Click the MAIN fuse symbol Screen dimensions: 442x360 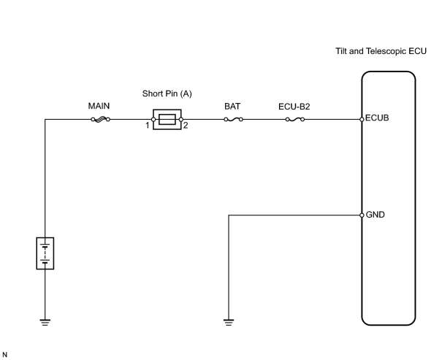pos(101,120)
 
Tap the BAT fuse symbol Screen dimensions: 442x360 pos(233,120)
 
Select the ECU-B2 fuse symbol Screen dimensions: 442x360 pos(295,120)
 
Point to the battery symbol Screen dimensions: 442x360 pos(45,253)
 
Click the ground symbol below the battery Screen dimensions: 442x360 pos(45,323)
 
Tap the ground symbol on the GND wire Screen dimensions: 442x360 pos(229,323)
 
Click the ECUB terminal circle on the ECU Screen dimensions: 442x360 pos(362,120)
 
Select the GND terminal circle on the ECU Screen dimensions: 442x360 pos(362,215)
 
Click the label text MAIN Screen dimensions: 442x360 pos(99,106)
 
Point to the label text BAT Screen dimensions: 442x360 pos(232,106)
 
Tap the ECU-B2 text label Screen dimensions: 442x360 pos(294,107)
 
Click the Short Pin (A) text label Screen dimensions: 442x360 pos(167,93)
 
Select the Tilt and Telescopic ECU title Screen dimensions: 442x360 pos(381,51)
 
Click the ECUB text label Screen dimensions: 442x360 pos(377,118)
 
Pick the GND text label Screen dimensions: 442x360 pos(376,215)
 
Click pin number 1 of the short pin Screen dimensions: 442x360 pos(147,126)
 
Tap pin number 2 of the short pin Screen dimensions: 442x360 pos(186,126)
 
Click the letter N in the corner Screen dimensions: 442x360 pos(4,355)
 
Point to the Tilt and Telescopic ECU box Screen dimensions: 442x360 pos(362,169)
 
